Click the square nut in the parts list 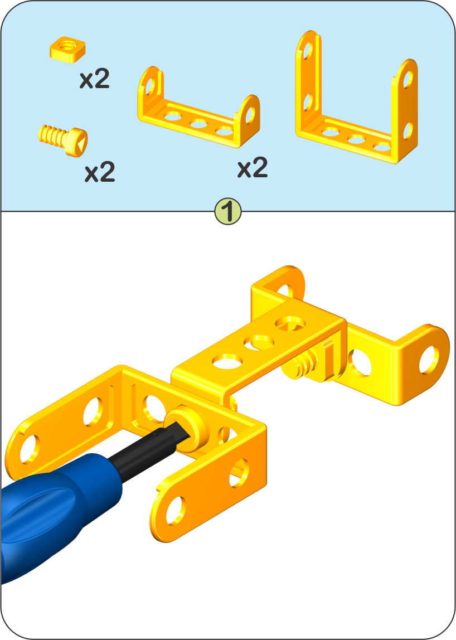tap(68, 49)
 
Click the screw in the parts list tap(64, 139)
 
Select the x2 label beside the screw tap(100, 172)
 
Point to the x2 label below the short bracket tap(253, 167)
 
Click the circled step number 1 tap(228, 211)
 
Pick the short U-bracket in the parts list tap(199, 108)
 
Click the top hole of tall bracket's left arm tap(308, 50)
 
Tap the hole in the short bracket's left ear tap(150, 86)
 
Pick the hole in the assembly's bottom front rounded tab tap(176, 510)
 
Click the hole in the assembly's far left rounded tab tap(30, 449)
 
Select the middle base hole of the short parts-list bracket tap(199, 123)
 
